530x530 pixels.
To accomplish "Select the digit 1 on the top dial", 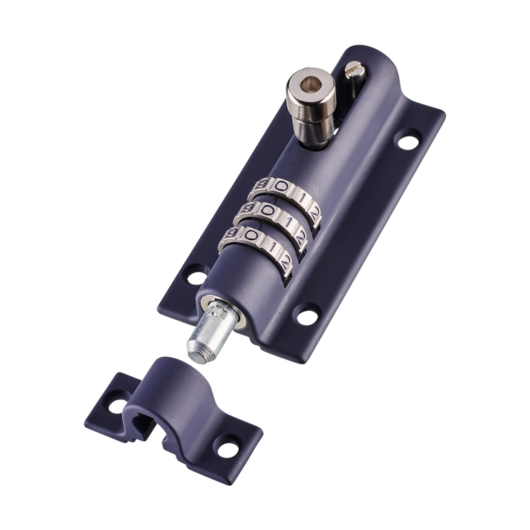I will (297, 193).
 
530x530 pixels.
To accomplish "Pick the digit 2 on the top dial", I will (313, 199).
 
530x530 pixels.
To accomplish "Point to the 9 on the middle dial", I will (248, 208).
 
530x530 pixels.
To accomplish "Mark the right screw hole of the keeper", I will (224, 450).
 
